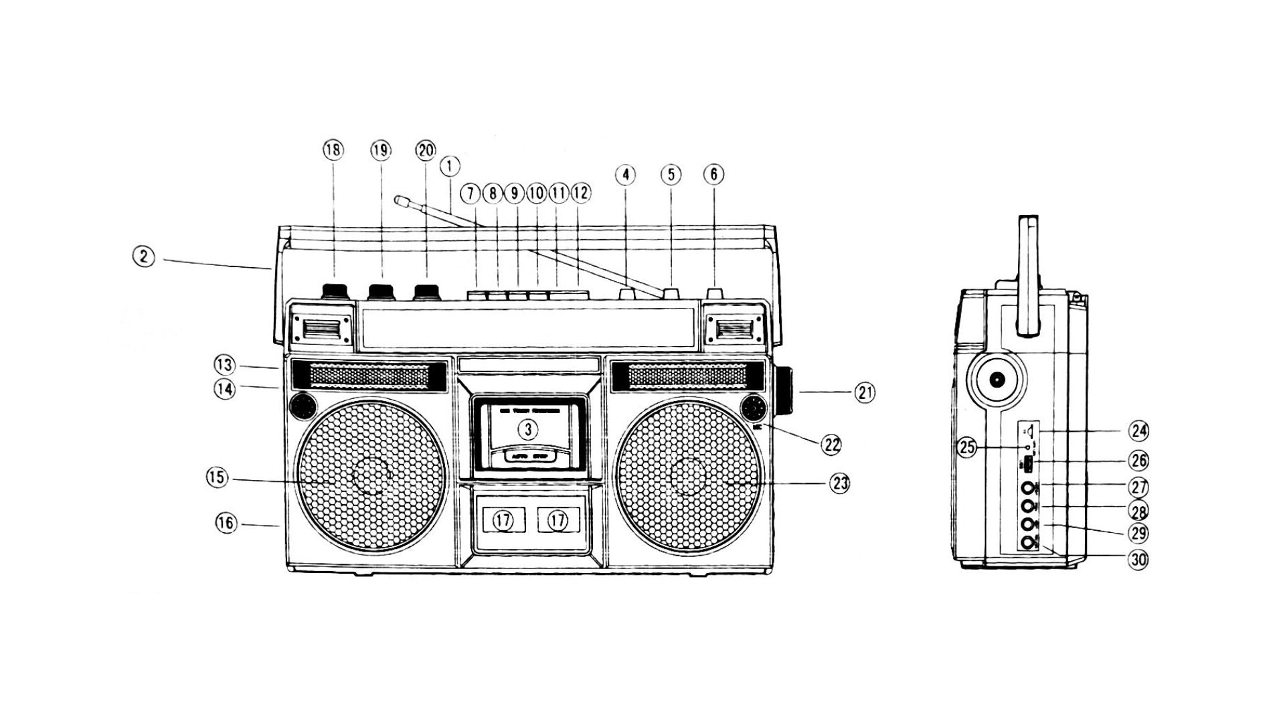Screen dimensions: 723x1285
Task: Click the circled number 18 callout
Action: click(333, 151)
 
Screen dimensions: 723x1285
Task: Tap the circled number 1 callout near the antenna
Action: click(450, 165)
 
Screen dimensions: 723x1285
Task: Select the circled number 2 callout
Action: click(143, 256)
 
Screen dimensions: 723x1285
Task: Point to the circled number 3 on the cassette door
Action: click(528, 429)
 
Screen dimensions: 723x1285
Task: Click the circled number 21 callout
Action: click(864, 393)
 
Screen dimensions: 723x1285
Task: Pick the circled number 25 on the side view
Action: click(967, 448)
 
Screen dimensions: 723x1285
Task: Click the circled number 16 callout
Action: click(227, 523)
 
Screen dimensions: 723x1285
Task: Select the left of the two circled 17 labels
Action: click(503, 520)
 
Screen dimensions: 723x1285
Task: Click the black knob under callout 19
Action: click(381, 291)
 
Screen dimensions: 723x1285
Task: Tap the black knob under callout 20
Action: click(426, 291)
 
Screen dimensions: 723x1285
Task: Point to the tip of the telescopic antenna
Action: click(400, 199)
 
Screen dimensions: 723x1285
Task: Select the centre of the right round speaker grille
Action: click(689, 477)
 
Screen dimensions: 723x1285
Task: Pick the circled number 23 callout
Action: click(840, 483)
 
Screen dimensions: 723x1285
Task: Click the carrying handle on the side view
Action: click(1029, 274)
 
